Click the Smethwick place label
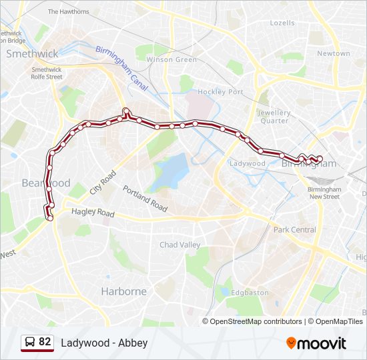32,54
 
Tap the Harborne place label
123,291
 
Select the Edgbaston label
250,292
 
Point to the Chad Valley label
179,245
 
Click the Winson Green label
171,59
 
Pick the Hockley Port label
220,92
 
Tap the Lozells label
282,23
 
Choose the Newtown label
333,53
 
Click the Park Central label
294,229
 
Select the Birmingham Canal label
121,69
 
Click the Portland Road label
145,199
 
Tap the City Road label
103,181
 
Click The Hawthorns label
68,11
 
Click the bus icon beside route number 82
30,342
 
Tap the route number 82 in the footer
45,342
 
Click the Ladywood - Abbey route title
104,343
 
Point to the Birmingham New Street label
324,193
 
